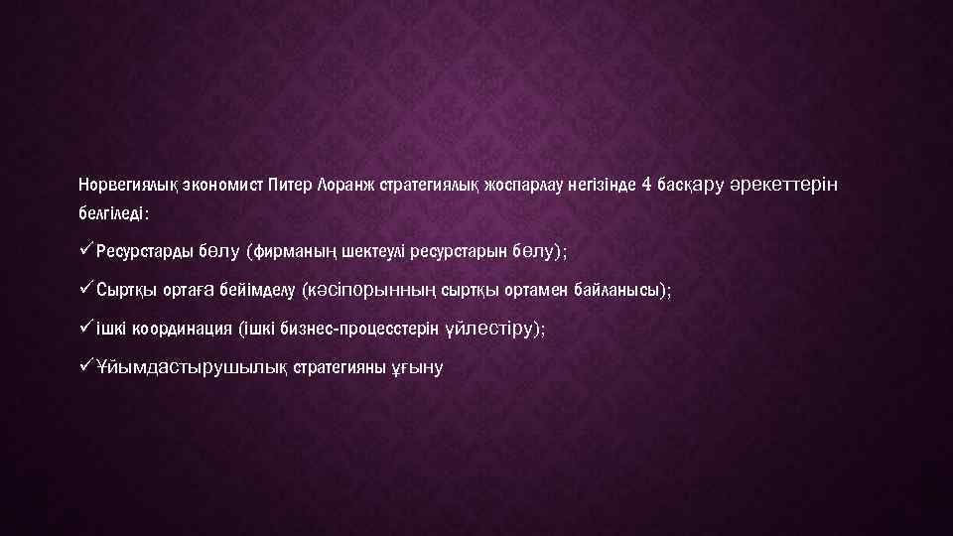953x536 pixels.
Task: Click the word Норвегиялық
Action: [x=119, y=186]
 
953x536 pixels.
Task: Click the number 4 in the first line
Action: [x=647, y=185]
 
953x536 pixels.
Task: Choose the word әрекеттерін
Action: [x=783, y=186]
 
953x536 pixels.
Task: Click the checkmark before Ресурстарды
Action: [x=86, y=250]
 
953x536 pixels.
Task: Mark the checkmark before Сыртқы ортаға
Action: [x=86, y=288]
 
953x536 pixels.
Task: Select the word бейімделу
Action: [x=261, y=290]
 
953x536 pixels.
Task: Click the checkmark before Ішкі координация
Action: [x=86, y=327]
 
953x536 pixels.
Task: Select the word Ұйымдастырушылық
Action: [x=194, y=368]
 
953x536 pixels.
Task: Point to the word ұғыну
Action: [x=420, y=368]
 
